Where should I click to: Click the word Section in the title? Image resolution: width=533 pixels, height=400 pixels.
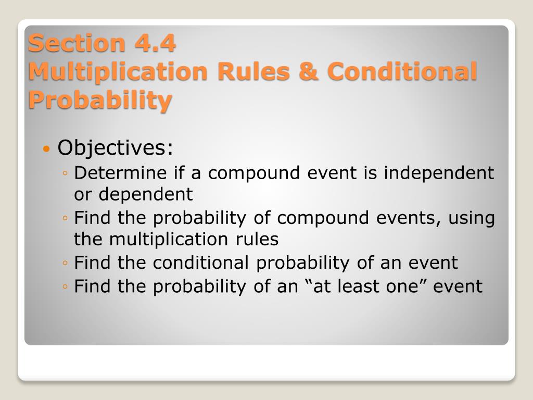click(77, 43)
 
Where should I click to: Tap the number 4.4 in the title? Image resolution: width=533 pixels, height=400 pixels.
click(155, 43)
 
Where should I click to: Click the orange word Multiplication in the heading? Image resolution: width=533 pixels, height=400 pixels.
click(118, 72)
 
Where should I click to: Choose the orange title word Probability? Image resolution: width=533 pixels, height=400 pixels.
click(100, 101)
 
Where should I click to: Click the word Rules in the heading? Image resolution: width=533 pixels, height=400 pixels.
click(253, 71)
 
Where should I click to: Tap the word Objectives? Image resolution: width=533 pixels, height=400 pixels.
click(115, 147)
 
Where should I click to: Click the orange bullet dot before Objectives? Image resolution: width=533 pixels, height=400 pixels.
click(46, 148)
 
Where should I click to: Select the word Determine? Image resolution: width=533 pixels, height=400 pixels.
click(120, 172)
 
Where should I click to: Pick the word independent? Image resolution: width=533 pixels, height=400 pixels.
click(439, 172)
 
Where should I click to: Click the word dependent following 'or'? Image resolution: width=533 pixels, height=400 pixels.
click(146, 194)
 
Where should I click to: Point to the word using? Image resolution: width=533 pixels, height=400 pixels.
click(472, 218)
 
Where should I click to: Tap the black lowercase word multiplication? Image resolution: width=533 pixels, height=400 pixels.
click(168, 239)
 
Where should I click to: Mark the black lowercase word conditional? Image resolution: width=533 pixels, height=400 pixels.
click(200, 262)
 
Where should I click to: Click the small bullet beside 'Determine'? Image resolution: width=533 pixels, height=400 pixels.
click(65, 173)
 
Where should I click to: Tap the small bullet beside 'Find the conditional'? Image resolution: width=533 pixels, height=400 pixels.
click(65, 263)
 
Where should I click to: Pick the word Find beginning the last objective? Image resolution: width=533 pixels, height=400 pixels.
click(92, 286)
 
